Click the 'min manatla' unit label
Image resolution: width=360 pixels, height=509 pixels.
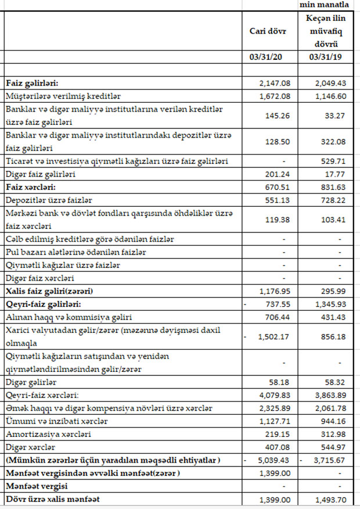pos(325,5)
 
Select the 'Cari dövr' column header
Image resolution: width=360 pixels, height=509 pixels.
pos(268,31)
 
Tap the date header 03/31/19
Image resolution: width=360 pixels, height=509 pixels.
pos(323,57)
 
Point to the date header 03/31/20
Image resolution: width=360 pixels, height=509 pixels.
pos(268,57)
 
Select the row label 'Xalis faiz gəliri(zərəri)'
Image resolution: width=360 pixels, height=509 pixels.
pos(49,291)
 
